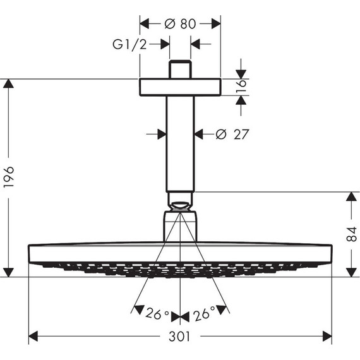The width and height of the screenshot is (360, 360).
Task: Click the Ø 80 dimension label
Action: pos(180,24)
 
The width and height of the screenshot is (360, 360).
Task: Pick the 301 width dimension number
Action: pos(180,337)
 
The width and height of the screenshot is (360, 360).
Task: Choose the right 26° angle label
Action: pos(204,313)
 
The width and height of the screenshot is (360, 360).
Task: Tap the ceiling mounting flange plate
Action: pos(180,87)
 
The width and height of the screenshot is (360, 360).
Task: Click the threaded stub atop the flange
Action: pos(180,69)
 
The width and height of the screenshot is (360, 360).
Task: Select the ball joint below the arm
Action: pos(180,204)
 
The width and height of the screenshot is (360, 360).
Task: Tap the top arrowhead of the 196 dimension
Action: pos(8,83)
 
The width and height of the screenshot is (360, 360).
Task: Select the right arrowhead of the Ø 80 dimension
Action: pos(216,24)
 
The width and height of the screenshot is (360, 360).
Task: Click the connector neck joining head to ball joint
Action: pos(180,226)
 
